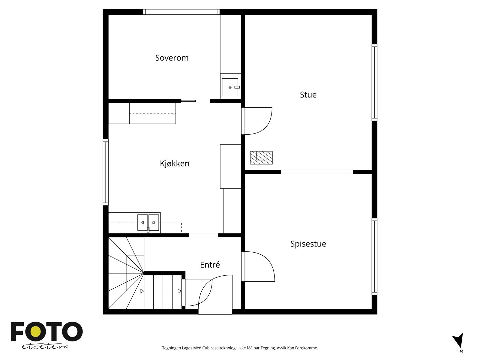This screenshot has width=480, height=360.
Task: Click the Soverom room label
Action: tap(172, 58)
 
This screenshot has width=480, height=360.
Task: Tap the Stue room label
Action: tap(308, 95)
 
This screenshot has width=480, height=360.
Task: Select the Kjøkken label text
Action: tap(175, 163)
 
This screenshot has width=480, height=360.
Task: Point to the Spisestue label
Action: tap(308, 244)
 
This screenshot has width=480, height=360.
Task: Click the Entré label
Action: tap(210, 265)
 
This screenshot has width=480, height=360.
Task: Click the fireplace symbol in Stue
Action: tap(261, 158)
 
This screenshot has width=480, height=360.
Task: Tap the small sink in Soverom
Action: tap(230, 87)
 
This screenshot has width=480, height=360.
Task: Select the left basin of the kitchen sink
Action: tap(143, 222)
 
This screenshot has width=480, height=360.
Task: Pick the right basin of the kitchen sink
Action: tap(154, 222)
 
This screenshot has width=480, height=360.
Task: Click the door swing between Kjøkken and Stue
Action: tap(258, 121)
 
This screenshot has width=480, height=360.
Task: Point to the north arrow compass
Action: tap(458, 341)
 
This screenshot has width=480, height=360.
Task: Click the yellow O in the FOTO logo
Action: tap(37, 331)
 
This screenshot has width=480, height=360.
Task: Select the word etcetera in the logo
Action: tap(45, 346)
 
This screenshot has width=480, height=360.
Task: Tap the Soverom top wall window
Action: tap(181, 12)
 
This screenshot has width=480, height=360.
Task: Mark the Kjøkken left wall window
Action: tap(106, 172)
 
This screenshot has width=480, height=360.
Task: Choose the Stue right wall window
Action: tap(374, 82)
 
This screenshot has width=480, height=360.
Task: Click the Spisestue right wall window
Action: tap(374, 256)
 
